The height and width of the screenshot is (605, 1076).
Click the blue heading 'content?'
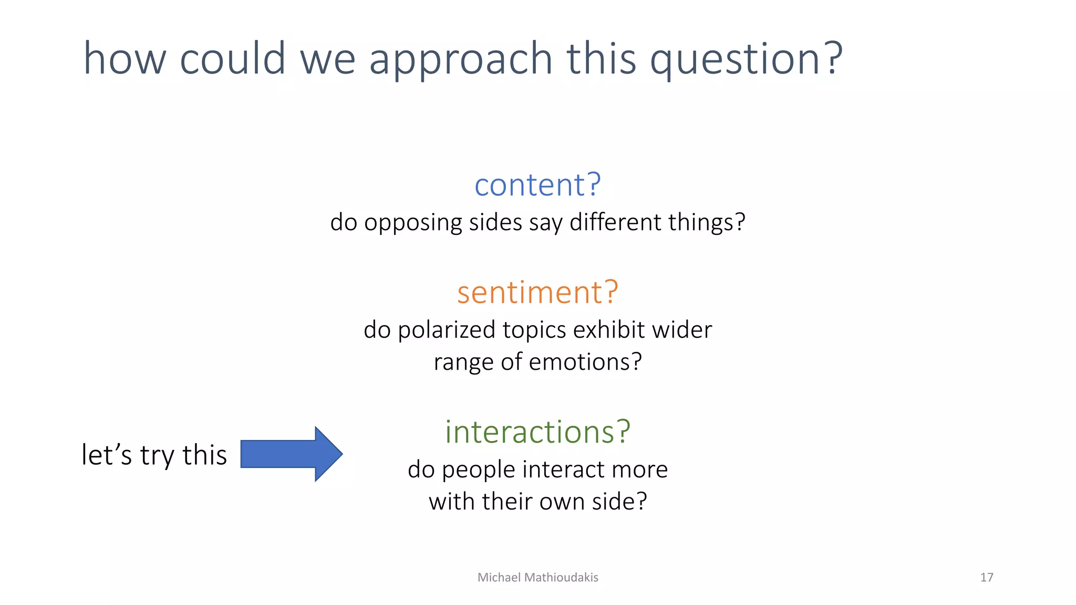click(537, 185)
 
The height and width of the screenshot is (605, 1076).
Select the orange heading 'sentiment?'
click(537, 293)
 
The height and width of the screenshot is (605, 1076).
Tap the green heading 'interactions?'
click(537, 432)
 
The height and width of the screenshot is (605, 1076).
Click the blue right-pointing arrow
click(292, 454)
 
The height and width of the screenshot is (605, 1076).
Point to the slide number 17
click(986, 577)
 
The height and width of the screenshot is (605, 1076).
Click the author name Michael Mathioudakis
click(537, 577)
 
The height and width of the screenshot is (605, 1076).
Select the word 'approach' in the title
click(461, 60)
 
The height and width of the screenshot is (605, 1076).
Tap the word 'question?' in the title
click(746, 60)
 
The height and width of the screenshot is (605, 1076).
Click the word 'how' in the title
click(125, 59)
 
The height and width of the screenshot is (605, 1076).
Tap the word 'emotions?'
click(585, 362)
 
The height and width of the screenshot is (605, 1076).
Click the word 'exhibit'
click(609, 330)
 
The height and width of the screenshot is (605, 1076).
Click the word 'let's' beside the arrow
click(107, 455)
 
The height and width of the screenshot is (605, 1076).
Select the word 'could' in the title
click(233, 59)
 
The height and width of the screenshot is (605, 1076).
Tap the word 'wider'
click(682, 330)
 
